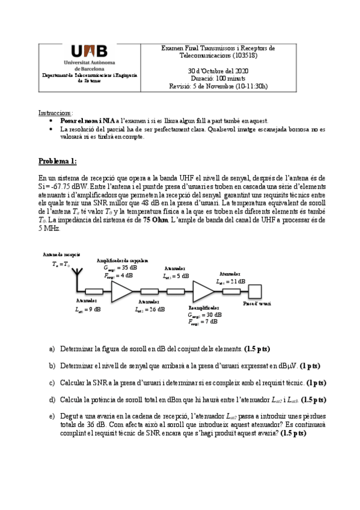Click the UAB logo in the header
[89, 53]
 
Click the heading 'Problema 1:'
[58, 161]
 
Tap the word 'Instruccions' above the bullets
[55, 112]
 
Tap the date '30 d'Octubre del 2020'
[218, 71]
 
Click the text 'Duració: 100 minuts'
[218, 78]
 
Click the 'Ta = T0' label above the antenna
[60, 264]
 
